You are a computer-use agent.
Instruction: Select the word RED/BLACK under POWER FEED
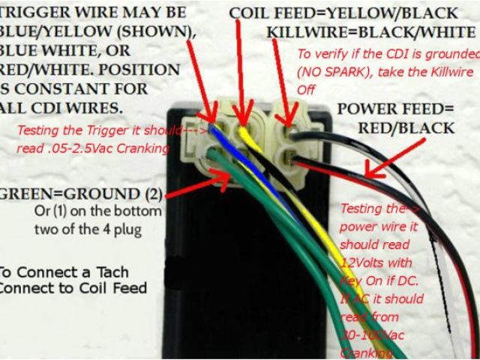click(x=405, y=127)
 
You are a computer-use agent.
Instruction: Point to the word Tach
click(x=111, y=271)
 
